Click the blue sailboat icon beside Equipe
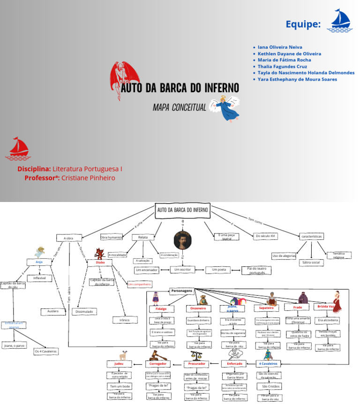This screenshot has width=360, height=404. pos(341,21)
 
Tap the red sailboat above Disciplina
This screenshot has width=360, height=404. pos(17,149)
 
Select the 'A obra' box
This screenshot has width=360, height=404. pos(68,238)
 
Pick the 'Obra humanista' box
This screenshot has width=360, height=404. pos(111,238)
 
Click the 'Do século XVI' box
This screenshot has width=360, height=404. pos(266,236)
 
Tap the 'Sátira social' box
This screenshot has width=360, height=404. pos(311,262)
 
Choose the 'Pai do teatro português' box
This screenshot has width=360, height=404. pos(256,270)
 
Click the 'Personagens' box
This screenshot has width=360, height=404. pos(181,291)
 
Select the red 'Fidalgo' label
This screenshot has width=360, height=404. pos(155,309)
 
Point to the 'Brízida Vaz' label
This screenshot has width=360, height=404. pos(326,306)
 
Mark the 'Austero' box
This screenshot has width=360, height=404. pos(53,311)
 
